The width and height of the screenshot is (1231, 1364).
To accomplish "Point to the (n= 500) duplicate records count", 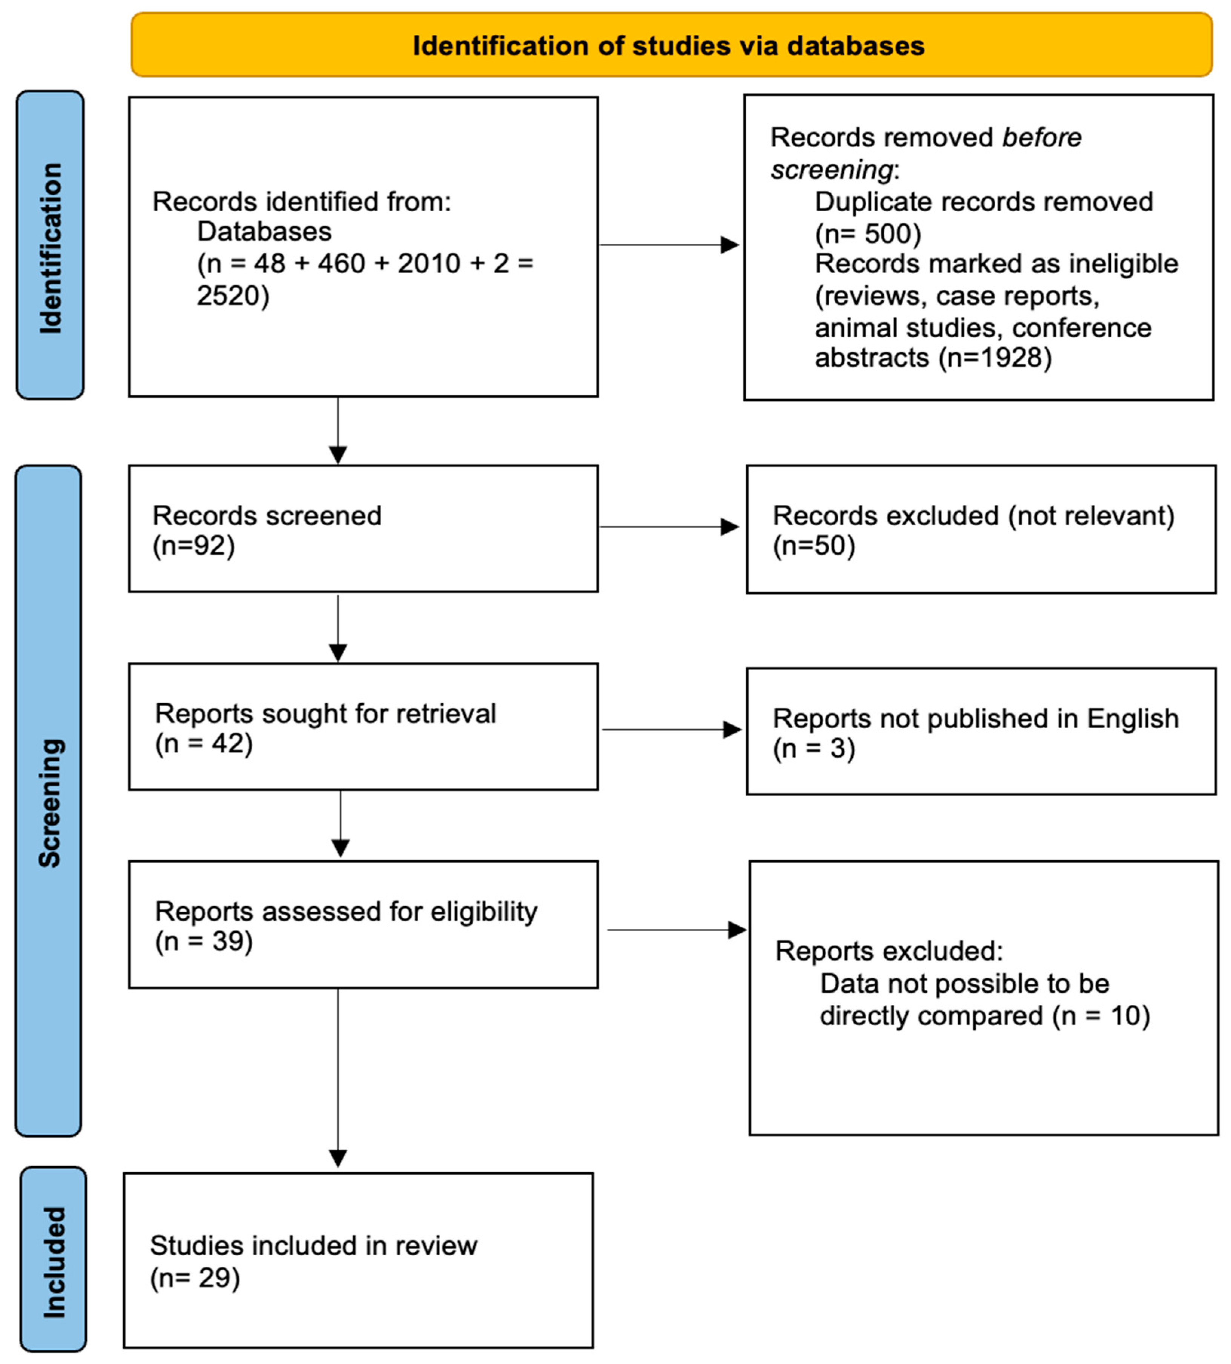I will pyautogui.click(x=868, y=234).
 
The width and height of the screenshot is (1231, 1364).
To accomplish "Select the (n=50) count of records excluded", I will pyautogui.click(x=814, y=545).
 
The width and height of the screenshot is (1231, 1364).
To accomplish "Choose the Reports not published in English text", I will pyautogui.click(x=975, y=718).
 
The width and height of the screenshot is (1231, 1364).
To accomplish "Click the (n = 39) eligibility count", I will pyautogui.click(x=204, y=941).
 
